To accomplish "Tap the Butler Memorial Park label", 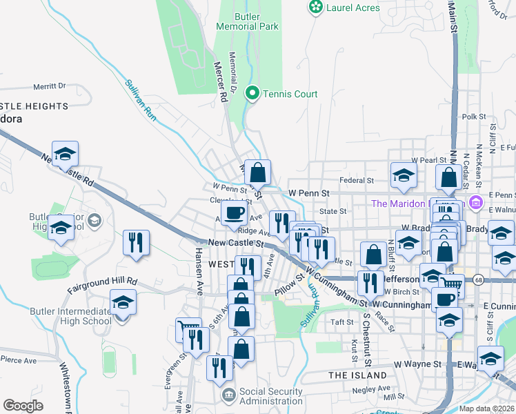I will [x=246, y=21].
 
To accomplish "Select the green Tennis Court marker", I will [x=252, y=94].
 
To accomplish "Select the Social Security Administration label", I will [x=270, y=396].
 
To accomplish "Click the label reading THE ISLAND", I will [x=357, y=375].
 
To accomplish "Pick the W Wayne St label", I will [x=417, y=364].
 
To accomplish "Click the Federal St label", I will [x=356, y=181].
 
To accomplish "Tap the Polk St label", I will [x=475, y=117].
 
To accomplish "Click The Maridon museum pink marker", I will [x=475, y=203].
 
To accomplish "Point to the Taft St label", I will [x=341, y=322].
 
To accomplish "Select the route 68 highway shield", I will [x=477, y=279].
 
